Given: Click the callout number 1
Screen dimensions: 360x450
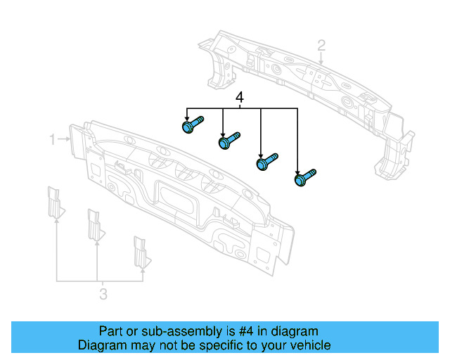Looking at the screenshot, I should (52, 140).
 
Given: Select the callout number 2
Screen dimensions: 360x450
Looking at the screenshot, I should (321, 46).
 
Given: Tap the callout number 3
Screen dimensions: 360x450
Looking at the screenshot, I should (103, 294).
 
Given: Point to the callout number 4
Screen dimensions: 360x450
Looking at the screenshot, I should (240, 98).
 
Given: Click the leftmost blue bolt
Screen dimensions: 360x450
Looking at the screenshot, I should (191, 126).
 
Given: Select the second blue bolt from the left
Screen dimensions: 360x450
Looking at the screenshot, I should (229, 141).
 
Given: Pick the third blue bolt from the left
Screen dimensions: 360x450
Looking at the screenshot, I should (267, 161).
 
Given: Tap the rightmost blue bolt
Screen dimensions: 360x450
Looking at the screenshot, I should (304, 177).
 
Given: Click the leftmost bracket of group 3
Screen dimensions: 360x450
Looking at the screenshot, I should (54, 202).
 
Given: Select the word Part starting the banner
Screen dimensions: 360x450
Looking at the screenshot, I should (110, 331).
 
